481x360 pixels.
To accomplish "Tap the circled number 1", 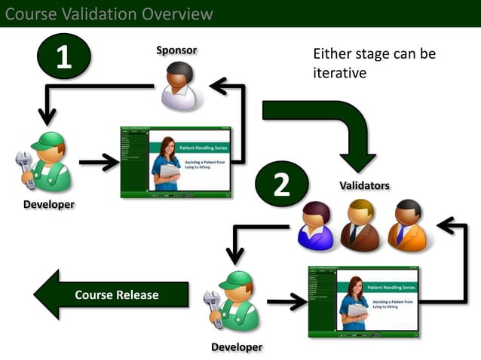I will (63, 58).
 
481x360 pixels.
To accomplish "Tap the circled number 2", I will (281, 185).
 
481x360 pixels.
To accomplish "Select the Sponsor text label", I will (176, 50).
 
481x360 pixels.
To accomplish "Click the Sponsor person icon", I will (179, 86).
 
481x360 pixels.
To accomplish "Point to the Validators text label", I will (365, 185).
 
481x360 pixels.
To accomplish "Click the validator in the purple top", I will (315, 225).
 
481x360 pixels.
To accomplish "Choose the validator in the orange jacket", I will (407, 225).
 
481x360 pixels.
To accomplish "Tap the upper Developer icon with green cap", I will (47, 162).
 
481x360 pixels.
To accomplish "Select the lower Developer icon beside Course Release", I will (236, 301).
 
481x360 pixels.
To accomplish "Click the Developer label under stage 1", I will (49, 205).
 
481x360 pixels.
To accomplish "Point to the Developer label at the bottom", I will (237, 347).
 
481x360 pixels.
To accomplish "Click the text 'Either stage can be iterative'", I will (375, 63).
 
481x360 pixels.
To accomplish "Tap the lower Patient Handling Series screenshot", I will (363, 301).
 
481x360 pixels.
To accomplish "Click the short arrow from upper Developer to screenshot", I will (98, 162).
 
